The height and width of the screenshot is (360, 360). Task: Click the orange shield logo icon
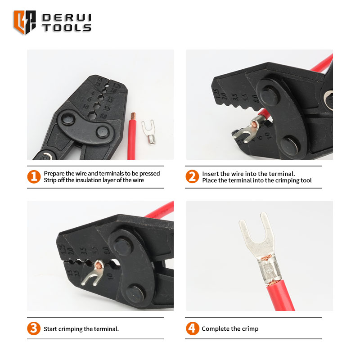tap(25, 22)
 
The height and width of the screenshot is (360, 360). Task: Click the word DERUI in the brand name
tap(67, 18)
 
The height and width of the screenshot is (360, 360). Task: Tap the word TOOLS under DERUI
tap(67, 28)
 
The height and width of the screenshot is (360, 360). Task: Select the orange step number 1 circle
tap(34, 177)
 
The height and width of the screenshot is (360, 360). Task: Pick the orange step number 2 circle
tap(192, 176)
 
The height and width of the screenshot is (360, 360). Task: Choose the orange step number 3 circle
tap(34, 328)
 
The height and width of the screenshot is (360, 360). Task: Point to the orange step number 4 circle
tap(193, 328)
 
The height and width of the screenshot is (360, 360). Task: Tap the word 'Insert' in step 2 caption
tap(210, 174)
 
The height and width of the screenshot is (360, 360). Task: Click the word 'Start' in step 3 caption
tap(50, 329)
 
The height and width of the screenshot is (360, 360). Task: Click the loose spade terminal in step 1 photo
tap(149, 132)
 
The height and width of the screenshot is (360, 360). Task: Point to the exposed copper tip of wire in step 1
tap(133, 116)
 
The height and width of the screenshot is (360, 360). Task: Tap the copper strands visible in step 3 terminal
tap(99, 265)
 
